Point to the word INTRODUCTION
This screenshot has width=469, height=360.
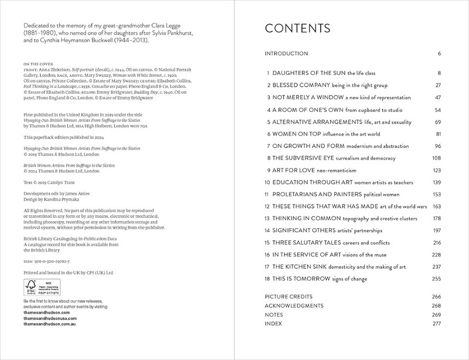coord(287,54)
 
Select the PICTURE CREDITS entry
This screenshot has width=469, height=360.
coord(289,296)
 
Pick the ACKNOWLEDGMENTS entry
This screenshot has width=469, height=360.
coord(294,305)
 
